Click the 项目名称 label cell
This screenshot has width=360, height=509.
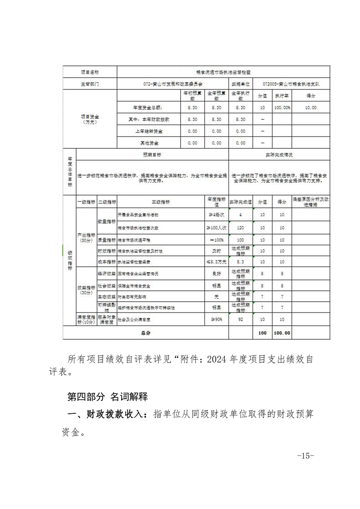[89, 72]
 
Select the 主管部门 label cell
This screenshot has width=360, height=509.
[89, 84]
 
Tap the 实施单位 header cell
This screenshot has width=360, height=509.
[241, 84]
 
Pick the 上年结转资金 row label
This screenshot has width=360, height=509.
[149, 131]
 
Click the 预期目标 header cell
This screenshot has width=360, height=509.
[152, 155]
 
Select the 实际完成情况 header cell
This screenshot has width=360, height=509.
[279, 155]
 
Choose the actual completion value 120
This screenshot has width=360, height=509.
[241, 227]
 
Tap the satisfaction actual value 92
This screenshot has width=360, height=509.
[241, 319]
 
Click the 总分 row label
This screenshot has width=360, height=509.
[145, 333]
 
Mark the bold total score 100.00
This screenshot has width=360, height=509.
[281, 333]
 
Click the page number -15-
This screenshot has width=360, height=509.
[306, 456]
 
